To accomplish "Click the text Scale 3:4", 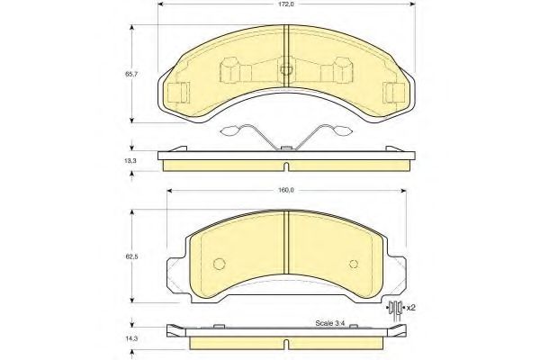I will point(329,324).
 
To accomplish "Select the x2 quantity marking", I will point(410,308).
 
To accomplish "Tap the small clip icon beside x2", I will point(394,310).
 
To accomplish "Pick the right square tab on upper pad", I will point(394,92).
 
